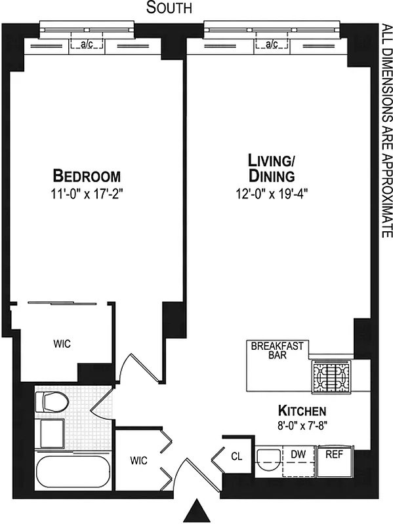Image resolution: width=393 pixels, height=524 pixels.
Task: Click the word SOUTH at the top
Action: tap(169, 9)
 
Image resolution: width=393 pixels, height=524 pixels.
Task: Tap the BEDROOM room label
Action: tap(87, 176)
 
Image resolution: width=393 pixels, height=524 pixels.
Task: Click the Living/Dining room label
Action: tap(271, 168)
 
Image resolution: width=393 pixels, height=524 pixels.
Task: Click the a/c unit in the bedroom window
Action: tap(87, 45)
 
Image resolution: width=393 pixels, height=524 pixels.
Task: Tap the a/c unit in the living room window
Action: tap(272, 45)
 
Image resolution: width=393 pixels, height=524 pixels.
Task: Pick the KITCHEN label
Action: tap(302, 411)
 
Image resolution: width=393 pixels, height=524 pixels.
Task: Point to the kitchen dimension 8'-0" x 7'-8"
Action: tap(302, 424)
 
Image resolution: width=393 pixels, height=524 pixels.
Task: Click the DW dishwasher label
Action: tap(299, 453)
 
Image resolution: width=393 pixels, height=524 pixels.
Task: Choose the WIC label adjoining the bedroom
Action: tap(62, 344)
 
